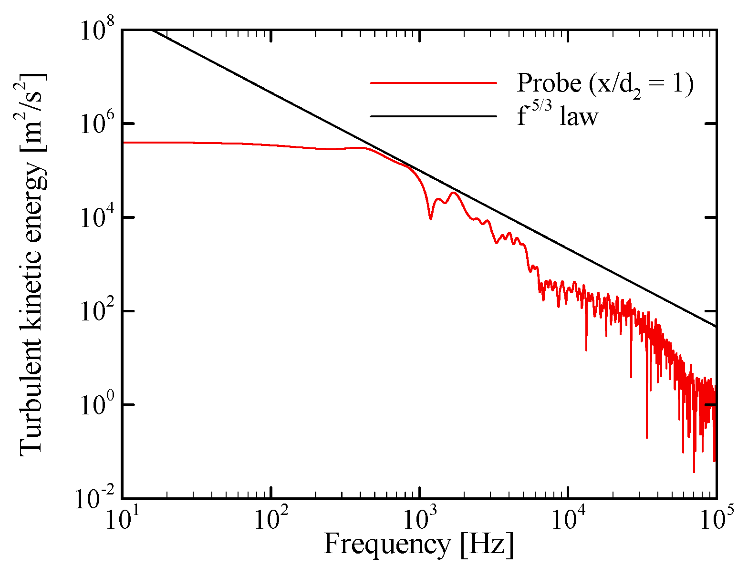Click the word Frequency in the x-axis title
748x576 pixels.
coord(387,544)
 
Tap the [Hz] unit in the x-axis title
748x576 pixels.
coord(488,544)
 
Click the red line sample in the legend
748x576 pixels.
coord(434,83)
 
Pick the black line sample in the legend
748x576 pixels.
coord(434,116)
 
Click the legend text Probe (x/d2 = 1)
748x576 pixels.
coord(605,84)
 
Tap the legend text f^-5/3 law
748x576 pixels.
coord(557,115)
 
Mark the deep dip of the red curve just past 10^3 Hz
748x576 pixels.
coord(430,218)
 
